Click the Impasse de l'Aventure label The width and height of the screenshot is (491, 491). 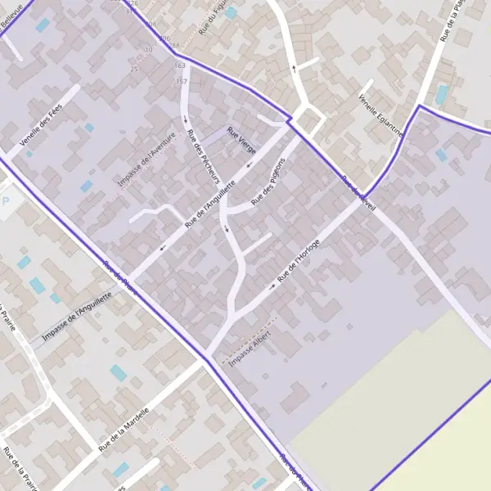coord(147,159)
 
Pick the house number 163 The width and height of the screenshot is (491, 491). coord(180,65)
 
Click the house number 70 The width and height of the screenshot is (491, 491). coord(148,50)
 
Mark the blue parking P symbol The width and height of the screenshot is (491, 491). coord(7,200)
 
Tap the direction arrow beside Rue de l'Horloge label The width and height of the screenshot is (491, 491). coord(273,287)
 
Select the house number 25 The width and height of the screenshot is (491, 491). coord(133,70)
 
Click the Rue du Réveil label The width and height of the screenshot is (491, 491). coord(360,193)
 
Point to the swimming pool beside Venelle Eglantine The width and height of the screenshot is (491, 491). coord(442,95)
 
